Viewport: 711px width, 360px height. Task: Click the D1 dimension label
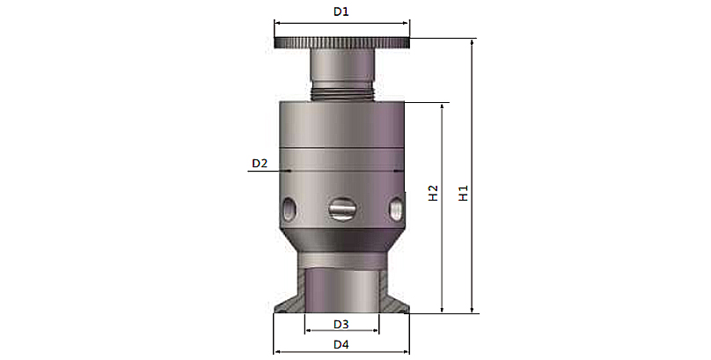(341, 11)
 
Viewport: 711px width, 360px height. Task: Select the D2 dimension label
(260, 163)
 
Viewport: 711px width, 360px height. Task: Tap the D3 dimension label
(341, 324)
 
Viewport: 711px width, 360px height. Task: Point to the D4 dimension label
(341, 344)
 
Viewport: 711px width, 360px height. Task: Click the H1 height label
(463, 193)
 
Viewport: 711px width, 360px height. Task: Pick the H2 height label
(434, 193)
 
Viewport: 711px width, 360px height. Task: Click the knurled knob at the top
(342, 42)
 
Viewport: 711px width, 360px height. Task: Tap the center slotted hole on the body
(342, 209)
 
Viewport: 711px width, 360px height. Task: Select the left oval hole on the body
(289, 209)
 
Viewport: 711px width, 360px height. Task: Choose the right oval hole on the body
(396, 209)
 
